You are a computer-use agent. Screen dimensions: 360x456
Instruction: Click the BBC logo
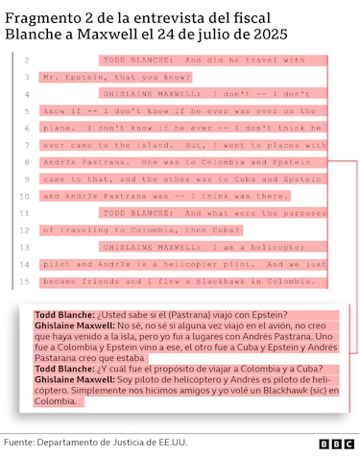coord(337,443)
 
